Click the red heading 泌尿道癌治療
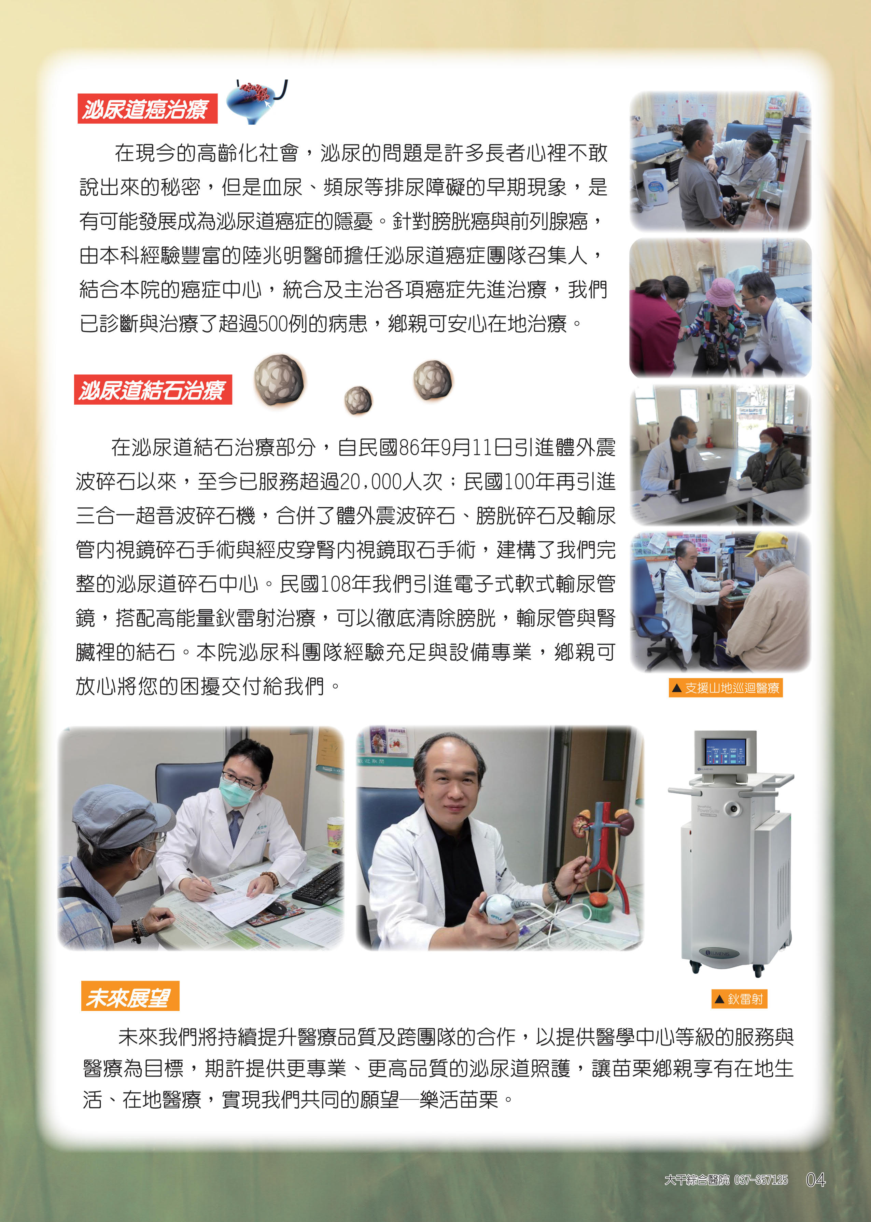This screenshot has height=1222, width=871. coord(147,109)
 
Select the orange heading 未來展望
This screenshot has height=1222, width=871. coord(130,997)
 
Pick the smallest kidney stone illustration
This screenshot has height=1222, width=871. coord(358,400)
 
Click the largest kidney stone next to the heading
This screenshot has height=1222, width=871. coord(278,381)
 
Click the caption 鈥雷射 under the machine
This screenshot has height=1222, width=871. coord(739,999)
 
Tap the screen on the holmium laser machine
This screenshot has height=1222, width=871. coord(726,752)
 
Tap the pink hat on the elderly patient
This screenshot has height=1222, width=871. coord(721,293)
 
